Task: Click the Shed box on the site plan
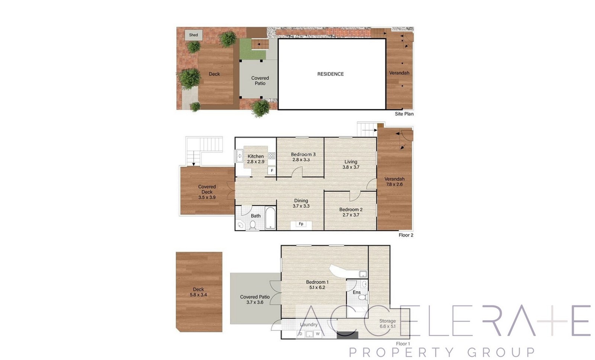click(x=193, y=35)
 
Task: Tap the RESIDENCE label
click(x=331, y=74)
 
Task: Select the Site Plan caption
click(x=404, y=114)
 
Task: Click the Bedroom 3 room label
click(x=303, y=154)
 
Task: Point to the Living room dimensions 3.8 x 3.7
click(x=351, y=167)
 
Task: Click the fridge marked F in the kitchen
click(x=272, y=171)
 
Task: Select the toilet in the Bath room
click(x=253, y=225)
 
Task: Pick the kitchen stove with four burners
click(x=271, y=156)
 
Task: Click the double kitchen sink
click(x=239, y=156)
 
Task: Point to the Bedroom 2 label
click(x=351, y=210)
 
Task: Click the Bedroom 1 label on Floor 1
click(x=317, y=282)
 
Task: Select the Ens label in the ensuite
click(x=357, y=292)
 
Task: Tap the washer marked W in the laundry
click(x=318, y=334)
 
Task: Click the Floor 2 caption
click(x=406, y=235)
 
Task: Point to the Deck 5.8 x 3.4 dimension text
click(x=199, y=295)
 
